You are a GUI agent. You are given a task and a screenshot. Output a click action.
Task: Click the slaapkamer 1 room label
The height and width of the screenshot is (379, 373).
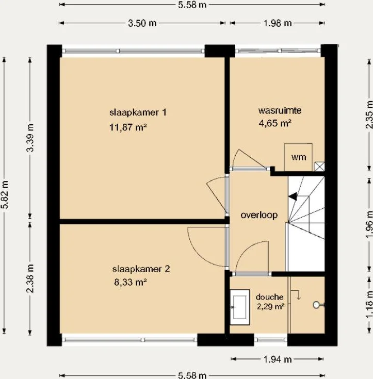138,112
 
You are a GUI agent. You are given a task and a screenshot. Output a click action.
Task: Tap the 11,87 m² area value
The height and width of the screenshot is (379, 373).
128,127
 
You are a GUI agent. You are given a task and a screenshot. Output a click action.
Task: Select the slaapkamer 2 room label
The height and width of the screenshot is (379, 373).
141,269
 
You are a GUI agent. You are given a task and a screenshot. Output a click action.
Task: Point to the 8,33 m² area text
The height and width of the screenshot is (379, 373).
131,282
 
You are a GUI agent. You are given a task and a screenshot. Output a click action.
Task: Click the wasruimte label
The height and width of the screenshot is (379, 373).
280,111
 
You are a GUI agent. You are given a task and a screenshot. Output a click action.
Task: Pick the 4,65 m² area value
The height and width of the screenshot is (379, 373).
275,123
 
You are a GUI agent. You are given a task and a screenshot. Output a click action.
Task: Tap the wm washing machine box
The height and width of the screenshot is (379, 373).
298,157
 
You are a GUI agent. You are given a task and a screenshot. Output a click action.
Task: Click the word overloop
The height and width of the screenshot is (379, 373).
259,215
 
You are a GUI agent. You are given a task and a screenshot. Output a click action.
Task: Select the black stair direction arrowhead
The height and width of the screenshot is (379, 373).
293,196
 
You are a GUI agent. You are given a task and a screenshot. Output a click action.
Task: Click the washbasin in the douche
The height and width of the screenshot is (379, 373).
240,307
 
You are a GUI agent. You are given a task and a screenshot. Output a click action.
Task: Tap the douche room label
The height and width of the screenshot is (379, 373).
269,297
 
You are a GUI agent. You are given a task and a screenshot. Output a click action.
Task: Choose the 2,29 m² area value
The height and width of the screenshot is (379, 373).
270,307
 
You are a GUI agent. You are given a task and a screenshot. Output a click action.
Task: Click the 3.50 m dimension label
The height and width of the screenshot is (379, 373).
142,23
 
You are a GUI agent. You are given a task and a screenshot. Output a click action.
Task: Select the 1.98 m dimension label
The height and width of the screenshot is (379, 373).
278,23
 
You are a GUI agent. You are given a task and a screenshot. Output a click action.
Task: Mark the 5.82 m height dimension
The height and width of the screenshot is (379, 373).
5,194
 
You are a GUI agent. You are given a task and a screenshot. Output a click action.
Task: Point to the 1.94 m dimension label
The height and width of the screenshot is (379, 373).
278,359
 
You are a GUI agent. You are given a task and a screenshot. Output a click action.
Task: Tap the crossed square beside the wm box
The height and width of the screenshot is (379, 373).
319,167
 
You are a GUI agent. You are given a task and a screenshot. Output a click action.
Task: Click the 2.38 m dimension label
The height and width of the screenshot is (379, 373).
30,278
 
